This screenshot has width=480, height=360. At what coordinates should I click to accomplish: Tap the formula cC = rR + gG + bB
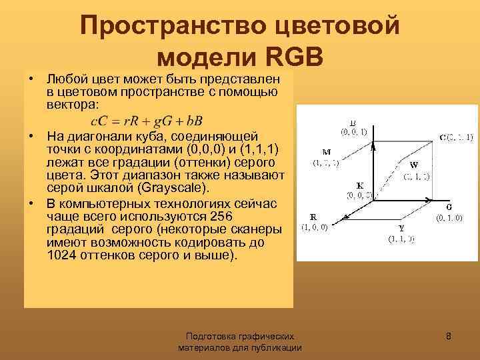click(146, 121)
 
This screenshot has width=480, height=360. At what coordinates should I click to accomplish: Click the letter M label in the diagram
click(327, 151)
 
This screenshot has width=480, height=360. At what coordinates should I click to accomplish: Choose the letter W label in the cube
click(414, 165)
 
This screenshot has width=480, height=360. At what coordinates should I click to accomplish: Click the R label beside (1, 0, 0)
click(313, 217)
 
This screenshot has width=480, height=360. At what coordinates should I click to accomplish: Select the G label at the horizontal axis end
click(449, 207)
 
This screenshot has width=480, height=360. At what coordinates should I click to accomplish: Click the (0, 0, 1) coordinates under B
click(353, 131)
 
